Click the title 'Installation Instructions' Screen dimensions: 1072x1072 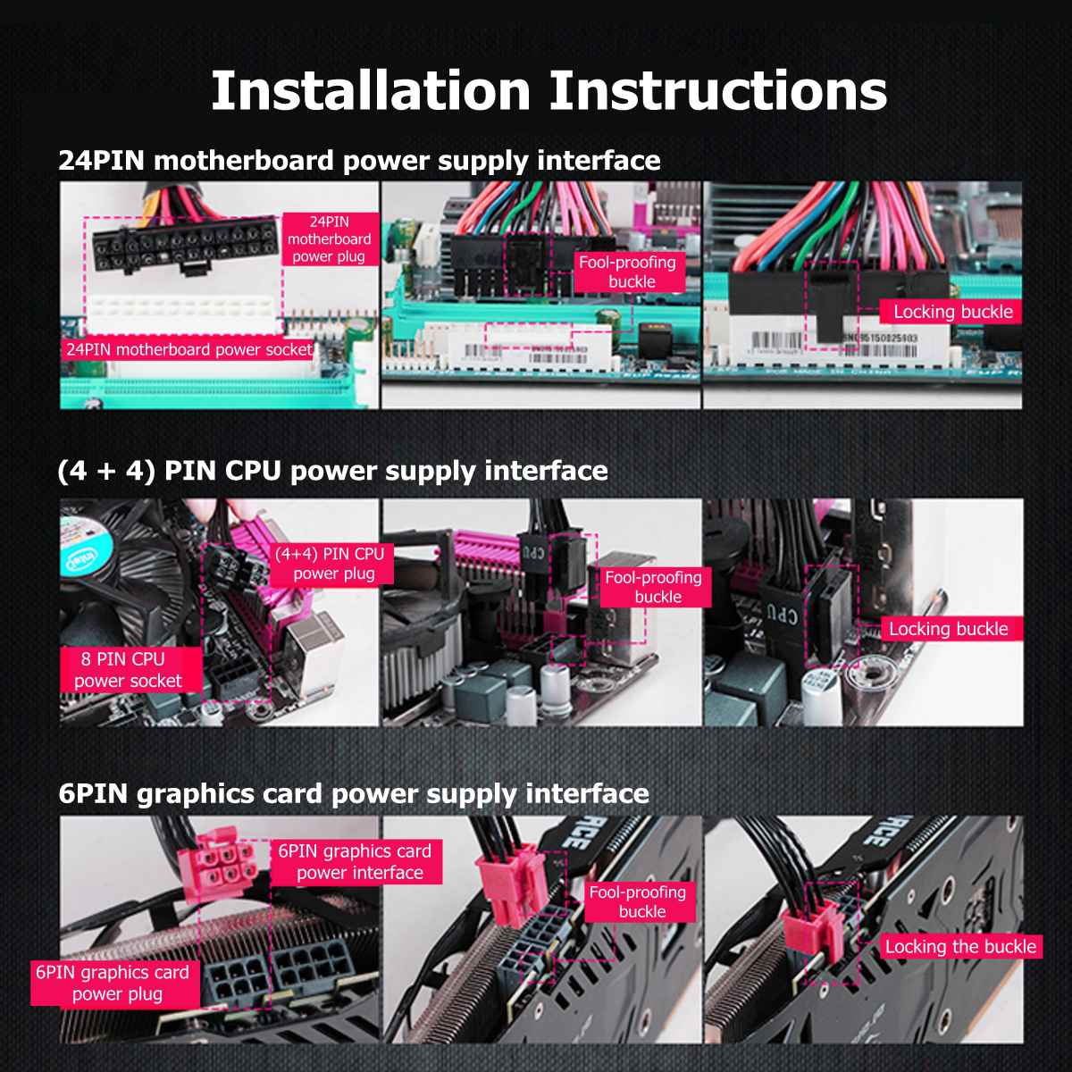549,90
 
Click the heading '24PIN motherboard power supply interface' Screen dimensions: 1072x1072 359,161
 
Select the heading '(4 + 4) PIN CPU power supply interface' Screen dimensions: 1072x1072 332,471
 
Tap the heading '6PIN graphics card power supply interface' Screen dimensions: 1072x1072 354,793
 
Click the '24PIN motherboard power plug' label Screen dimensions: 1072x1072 329,239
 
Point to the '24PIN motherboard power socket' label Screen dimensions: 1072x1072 188,349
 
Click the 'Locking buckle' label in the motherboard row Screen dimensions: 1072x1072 952,312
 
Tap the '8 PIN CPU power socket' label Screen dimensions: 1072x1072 128,670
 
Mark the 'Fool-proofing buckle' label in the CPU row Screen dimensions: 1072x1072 654,587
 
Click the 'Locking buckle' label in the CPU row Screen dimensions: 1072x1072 948,629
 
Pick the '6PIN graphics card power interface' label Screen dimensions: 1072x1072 355,862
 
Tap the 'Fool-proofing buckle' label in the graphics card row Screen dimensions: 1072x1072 638,901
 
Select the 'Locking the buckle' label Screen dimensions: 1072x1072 960,947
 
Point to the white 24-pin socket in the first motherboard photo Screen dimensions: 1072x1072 183,314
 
